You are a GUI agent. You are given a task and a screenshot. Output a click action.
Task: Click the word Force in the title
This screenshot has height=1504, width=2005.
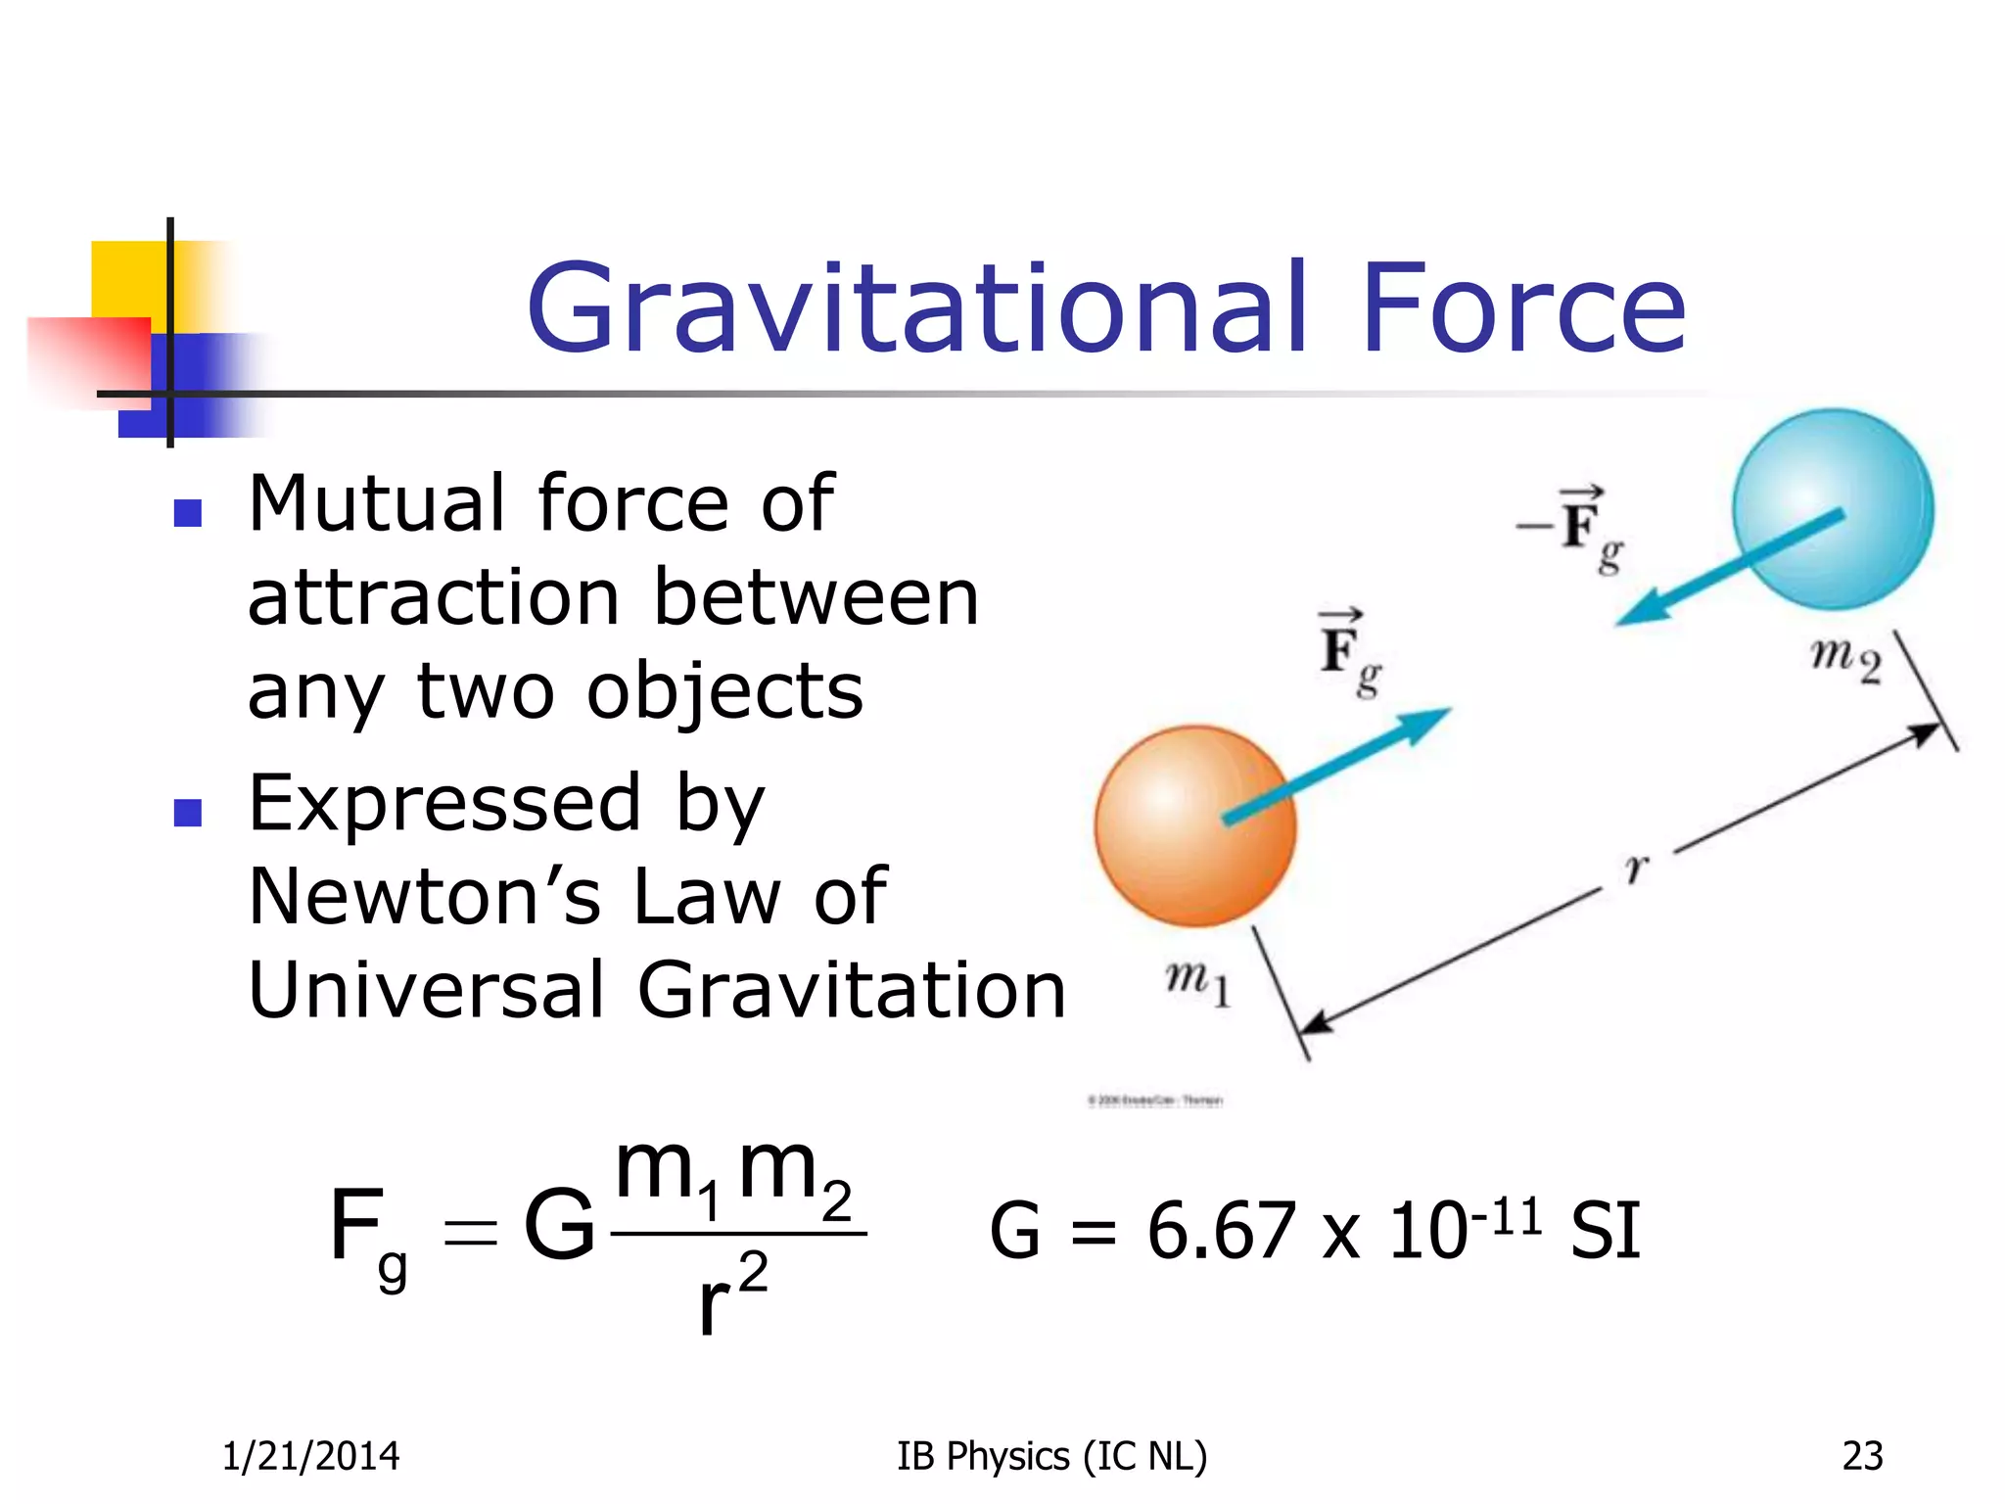pos(1523,309)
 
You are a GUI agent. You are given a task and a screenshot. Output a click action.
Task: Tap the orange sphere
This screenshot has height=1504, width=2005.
pos(1194,826)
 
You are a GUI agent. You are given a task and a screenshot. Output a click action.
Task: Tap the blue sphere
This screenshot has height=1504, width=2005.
pos(1833,509)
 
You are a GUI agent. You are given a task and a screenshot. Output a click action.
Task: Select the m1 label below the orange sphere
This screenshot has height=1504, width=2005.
pos(1196,982)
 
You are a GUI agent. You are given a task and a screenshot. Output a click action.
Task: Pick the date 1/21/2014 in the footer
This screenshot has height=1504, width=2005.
pos(310,1456)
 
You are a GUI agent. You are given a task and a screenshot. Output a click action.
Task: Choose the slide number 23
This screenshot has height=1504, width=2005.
pos(1862,1456)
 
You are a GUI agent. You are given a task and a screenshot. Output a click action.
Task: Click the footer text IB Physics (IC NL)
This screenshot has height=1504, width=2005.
pos(1051,1456)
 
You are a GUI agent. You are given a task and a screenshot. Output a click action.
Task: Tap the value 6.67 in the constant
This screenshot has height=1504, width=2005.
pos(1221,1232)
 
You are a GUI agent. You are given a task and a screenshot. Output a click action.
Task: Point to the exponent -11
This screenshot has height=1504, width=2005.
pos(1507,1217)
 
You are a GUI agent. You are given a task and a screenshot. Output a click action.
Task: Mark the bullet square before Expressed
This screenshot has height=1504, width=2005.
pos(187,812)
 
